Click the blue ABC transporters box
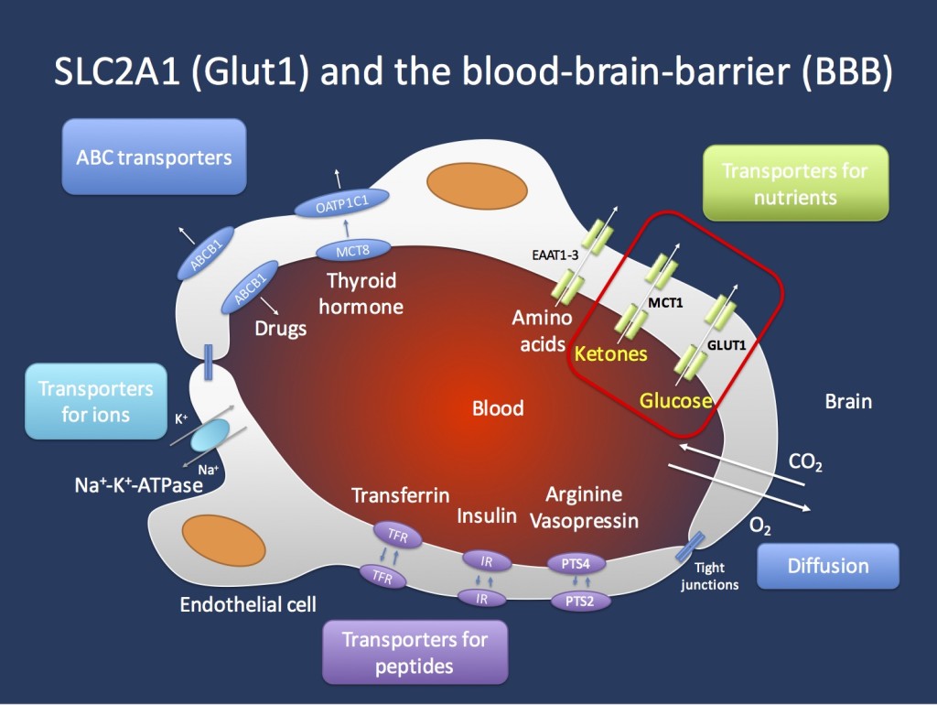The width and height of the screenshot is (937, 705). click(x=154, y=157)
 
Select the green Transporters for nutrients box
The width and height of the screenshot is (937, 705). click(x=793, y=183)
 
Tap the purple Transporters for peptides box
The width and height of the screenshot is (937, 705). click(x=415, y=652)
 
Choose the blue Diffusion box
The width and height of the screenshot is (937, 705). click(x=828, y=566)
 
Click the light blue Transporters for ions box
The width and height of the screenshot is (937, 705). click(x=95, y=402)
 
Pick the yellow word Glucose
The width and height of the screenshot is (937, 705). click(x=675, y=401)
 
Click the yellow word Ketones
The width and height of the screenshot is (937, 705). click(x=610, y=353)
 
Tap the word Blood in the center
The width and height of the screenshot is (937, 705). click(x=498, y=408)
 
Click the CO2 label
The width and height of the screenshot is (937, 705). click(x=805, y=462)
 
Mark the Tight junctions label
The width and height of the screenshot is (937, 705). click(x=709, y=576)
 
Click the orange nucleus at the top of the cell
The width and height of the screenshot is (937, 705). click(x=468, y=184)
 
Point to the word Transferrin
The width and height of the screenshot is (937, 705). click(x=400, y=495)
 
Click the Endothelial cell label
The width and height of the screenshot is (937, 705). click(x=248, y=604)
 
